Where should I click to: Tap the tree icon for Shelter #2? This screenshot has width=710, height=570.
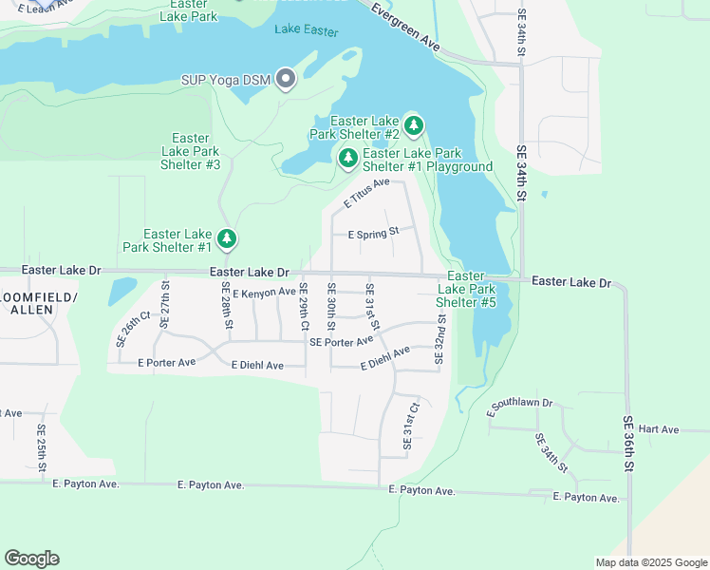point(413,124)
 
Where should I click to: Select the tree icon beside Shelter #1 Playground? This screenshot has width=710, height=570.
point(348,157)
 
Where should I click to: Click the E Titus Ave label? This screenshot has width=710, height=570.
point(366,194)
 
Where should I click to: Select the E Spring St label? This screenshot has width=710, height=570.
point(374,233)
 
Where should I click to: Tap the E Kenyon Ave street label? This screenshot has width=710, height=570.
point(264,293)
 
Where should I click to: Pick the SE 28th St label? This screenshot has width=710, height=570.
point(227,305)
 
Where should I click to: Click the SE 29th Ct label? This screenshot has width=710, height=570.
point(304,305)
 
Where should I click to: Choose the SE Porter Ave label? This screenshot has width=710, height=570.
point(341,342)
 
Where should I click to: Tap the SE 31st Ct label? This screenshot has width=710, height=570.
point(410,426)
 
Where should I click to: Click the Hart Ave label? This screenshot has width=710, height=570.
point(660,429)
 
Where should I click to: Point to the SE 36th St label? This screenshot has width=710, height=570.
point(627,445)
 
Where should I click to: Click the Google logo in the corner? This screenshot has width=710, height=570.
point(31,559)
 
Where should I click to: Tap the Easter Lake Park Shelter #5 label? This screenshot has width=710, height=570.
point(466,289)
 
